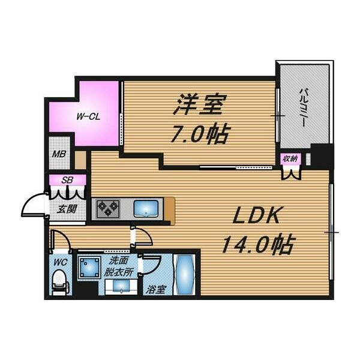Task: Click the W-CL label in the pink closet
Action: click(88, 117)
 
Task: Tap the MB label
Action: click(59, 154)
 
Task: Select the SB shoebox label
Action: click(67, 180)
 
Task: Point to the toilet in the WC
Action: click(61, 283)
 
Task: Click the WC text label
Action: click(61, 262)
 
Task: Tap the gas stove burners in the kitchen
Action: click(108, 209)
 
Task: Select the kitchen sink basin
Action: click(146, 209)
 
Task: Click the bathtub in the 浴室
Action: click(184, 274)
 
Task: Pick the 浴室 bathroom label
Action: click(155, 290)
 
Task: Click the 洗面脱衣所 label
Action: click(118, 266)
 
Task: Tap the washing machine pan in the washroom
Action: click(89, 268)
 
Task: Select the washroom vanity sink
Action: click(121, 287)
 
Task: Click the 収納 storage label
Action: click(290, 158)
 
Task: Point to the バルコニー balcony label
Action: click(302, 107)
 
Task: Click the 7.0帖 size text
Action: click(200, 134)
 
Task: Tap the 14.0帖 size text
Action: click(257, 244)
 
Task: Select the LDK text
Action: click(256, 215)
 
